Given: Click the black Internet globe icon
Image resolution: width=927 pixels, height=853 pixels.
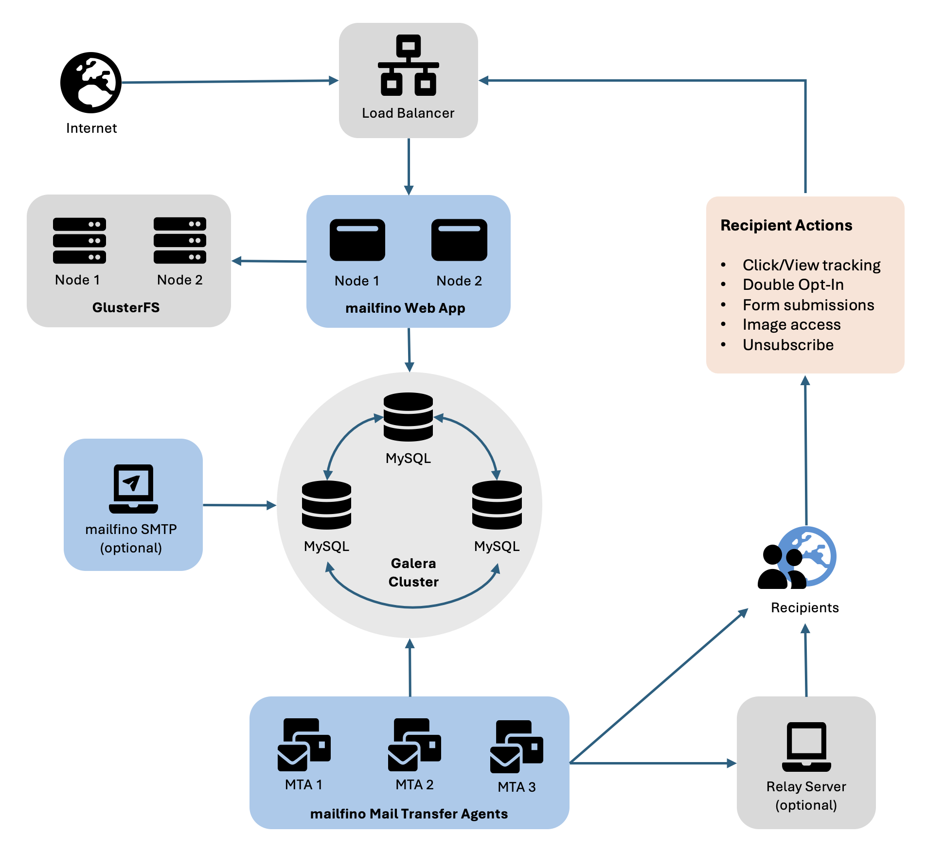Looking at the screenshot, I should click(91, 83).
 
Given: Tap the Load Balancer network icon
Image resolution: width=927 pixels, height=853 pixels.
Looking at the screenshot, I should click(408, 65).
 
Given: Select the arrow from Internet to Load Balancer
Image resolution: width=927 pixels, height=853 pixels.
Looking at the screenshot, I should click(229, 82).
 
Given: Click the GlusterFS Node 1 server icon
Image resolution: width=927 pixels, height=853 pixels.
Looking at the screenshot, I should click(79, 241).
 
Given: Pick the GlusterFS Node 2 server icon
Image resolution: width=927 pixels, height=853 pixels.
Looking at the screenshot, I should click(179, 240).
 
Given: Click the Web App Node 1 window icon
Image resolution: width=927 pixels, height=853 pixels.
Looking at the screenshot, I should click(357, 240).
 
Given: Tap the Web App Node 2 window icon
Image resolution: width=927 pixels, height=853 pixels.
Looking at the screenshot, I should click(459, 240).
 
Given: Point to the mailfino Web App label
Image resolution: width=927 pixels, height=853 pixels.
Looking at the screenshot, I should click(405, 308).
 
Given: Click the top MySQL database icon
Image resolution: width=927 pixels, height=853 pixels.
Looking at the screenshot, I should click(408, 417).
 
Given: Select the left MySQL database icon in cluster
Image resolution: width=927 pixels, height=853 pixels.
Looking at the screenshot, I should click(326, 505).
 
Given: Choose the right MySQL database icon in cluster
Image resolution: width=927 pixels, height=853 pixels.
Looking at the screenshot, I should click(497, 505).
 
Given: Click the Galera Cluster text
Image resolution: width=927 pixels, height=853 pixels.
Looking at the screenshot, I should click(413, 572).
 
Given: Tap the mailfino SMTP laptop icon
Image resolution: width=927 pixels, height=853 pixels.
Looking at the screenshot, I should click(133, 489).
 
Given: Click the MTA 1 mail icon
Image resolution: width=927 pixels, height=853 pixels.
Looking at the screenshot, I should click(304, 745).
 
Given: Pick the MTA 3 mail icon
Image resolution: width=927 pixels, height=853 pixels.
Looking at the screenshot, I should click(517, 747).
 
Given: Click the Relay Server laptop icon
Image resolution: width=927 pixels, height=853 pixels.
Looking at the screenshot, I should click(806, 746).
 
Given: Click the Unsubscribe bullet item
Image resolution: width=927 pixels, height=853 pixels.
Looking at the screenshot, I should click(788, 345).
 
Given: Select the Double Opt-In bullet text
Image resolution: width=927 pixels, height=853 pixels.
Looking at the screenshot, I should click(793, 284).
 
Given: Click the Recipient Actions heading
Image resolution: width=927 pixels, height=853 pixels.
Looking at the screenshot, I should click(786, 225).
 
